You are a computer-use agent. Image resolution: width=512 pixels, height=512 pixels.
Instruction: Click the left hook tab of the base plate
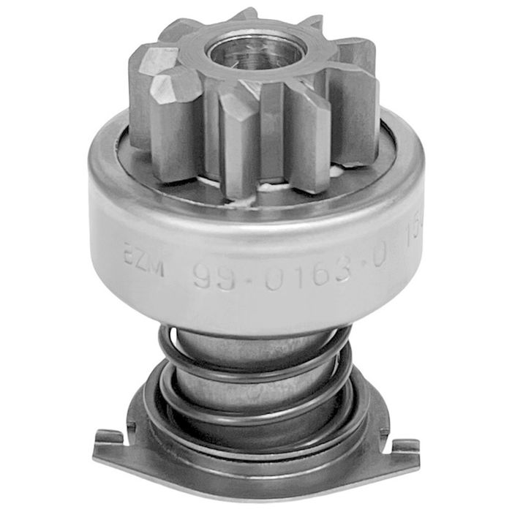108,438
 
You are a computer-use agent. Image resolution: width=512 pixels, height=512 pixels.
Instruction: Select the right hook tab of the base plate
404,445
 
